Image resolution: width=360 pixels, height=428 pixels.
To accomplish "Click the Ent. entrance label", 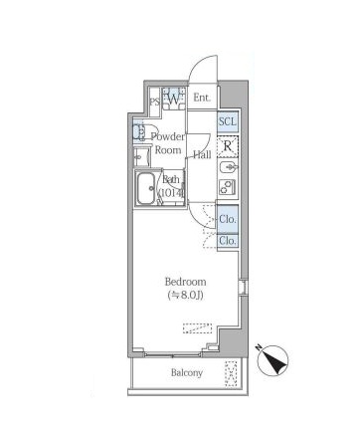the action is click(x=202, y=98).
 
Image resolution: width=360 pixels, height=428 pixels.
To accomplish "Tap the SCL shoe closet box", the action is click(x=228, y=121).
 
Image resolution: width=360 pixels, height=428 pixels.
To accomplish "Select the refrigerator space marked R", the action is click(x=228, y=146).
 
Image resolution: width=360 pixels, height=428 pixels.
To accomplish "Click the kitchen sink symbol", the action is click(x=229, y=165).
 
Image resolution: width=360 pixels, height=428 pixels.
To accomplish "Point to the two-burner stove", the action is click(x=227, y=187).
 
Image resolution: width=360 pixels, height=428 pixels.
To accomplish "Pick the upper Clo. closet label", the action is click(x=228, y=219).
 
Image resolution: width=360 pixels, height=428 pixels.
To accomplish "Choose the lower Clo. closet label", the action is click(x=228, y=241).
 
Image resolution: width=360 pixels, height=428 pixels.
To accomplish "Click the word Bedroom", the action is click(x=185, y=282).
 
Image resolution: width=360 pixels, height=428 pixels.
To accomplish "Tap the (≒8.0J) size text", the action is click(x=185, y=295).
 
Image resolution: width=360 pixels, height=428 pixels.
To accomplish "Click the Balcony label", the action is click(x=187, y=372).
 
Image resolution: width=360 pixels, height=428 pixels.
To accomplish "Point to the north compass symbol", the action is click(x=272, y=360).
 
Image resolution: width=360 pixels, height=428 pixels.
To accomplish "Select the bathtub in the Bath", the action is click(x=146, y=189).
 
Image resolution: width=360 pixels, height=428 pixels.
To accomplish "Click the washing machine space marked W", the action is click(x=174, y=99).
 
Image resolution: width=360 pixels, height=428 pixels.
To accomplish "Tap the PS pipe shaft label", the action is click(x=154, y=102).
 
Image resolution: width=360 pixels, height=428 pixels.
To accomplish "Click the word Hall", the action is click(x=202, y=154).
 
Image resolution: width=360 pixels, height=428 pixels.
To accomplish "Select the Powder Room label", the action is click(x=168, y=143).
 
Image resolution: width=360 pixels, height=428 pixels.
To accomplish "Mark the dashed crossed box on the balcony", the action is click(x=231, y=374).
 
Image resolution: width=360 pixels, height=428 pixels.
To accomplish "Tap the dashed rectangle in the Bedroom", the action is click(x=197, y=327).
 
